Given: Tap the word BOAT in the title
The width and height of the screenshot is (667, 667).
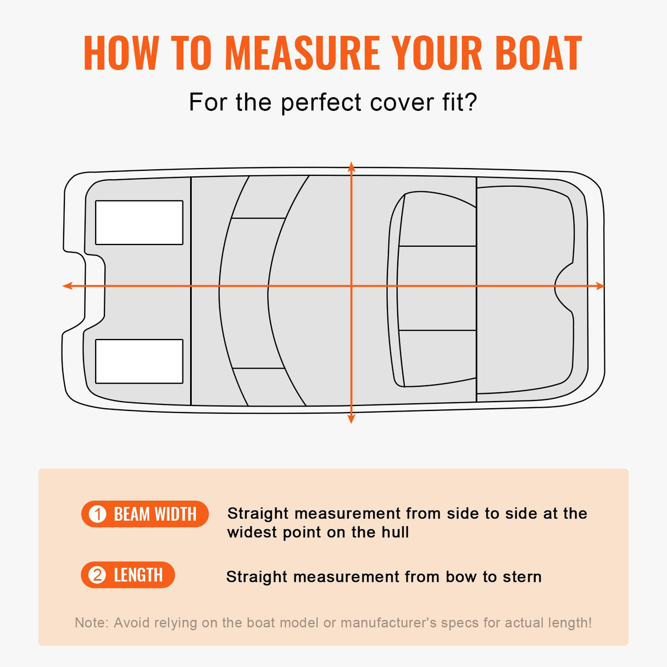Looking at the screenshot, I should tap(538, 53).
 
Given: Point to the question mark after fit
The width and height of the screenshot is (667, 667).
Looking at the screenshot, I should tap(471, 103).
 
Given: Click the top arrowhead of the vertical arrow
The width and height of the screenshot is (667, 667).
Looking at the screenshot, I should tap(352, 166).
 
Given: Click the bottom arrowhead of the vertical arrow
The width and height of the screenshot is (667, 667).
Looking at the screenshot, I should tap(352, 419).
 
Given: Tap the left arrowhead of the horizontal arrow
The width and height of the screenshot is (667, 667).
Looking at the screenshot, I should tap(67, 286).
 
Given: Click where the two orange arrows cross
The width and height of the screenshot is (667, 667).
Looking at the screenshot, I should tap(352, 286).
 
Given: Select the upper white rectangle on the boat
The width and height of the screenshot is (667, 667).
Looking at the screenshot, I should tap(139, 223).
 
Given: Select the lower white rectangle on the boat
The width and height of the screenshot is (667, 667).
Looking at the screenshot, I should tap(139, 361).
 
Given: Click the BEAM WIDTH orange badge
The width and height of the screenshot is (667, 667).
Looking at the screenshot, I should tap(145, 514).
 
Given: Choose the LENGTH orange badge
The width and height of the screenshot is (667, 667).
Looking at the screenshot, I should tap(128, 575).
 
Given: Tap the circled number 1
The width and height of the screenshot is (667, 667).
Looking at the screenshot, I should tap(98, 514).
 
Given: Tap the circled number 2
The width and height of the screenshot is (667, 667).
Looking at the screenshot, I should tap(98, 575).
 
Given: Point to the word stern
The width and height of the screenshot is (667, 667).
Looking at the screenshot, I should tap(521, 577).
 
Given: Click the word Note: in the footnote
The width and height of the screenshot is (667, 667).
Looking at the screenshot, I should tap(91, 623).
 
